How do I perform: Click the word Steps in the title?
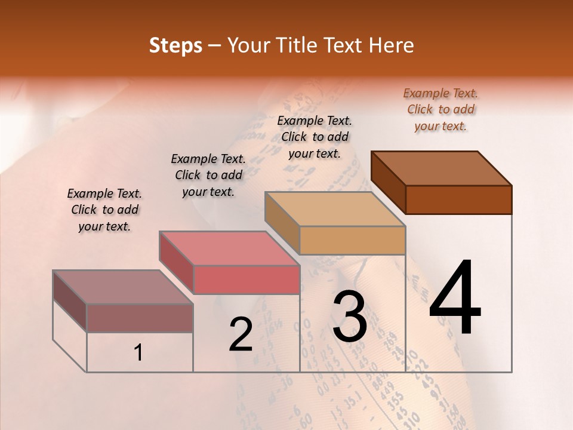[x=175, y=45]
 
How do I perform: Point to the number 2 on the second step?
[x=241, y=334]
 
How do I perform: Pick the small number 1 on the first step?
[x=138, y=353]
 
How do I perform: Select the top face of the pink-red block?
[x=229, y=248]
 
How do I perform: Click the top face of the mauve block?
[x=123, y=287]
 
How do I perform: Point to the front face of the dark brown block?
[x=458, y=199]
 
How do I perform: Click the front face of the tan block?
[x=352, y=241]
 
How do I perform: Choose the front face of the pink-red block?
[x=246, y=280]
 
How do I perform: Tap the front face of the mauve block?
[x=140, y=318]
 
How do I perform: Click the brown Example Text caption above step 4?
[x=440, y=109]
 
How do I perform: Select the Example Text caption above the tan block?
[x=315, y=137]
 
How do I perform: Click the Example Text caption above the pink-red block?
[x=208, y=175]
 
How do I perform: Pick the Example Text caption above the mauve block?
[x=104, y=210]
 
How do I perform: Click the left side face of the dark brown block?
[x=388, y=182]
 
